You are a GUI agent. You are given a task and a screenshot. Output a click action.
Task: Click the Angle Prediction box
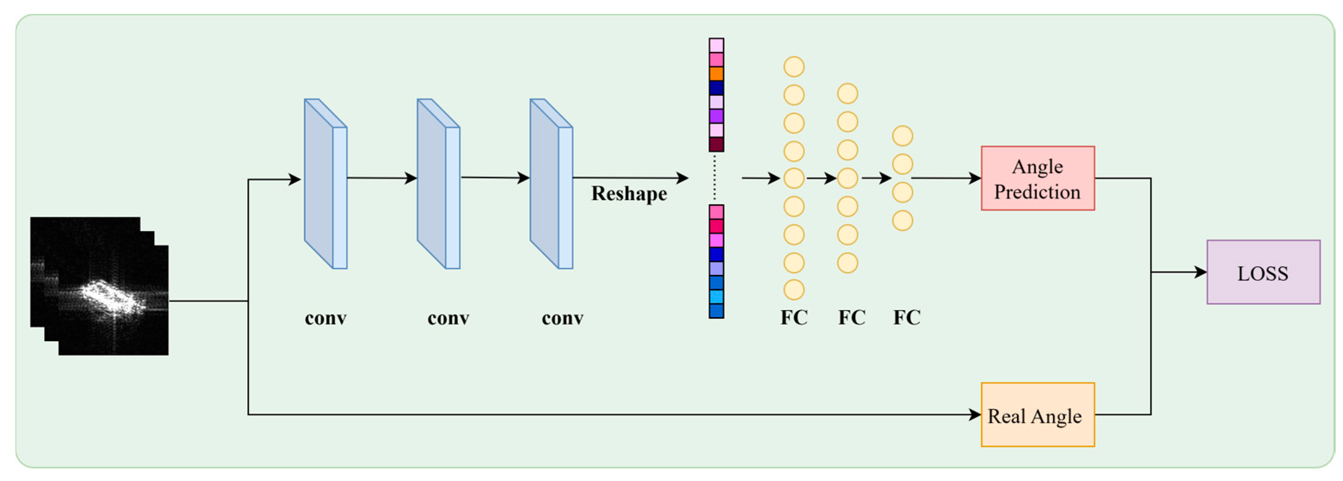pos(1037,179)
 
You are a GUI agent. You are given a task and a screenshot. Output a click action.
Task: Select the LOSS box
pos(1263,272)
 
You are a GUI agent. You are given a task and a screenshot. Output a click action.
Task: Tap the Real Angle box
pos(1037,415)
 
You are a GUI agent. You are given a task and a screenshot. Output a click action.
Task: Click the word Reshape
pos(629,194)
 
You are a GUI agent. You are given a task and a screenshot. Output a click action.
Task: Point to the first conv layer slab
pos(325,184)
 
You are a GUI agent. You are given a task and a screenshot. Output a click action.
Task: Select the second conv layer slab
pos(438,184)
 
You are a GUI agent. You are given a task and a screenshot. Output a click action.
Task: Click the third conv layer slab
pos(551,184)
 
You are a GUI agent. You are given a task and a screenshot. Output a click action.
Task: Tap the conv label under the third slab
pos(563,318)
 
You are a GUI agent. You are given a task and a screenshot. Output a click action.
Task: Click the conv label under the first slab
pos(325,318)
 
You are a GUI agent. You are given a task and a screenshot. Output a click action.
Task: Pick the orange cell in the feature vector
pos(716,74)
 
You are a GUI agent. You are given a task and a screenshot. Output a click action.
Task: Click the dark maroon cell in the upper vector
pos(716,144)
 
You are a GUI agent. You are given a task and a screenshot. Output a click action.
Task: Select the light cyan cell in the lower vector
pos(716,296)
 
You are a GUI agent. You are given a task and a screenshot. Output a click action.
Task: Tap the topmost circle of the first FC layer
pos(794,67)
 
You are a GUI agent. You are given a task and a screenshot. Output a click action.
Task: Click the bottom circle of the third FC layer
pos(902,221)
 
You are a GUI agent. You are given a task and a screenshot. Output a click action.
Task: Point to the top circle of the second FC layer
pos(848,94)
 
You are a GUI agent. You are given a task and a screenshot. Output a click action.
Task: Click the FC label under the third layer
pos(907,317)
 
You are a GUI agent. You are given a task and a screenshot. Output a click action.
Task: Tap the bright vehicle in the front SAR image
pos(112,297)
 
